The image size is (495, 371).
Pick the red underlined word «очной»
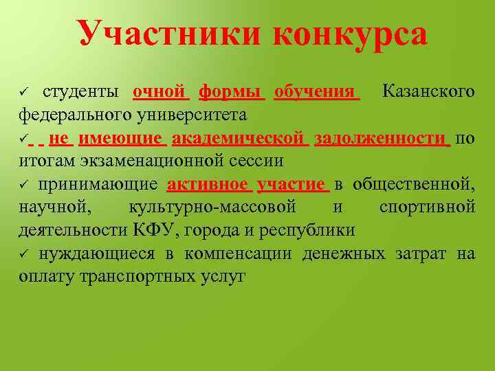(x=161, y=91)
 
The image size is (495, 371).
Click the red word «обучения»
(x=316, y=91)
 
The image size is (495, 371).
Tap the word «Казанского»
(x=428, y=91)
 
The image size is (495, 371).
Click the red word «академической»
(x=238, y=138)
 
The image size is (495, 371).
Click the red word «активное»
(x=208, y=184)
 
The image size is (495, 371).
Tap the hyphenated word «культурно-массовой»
(x=212, y=207)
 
